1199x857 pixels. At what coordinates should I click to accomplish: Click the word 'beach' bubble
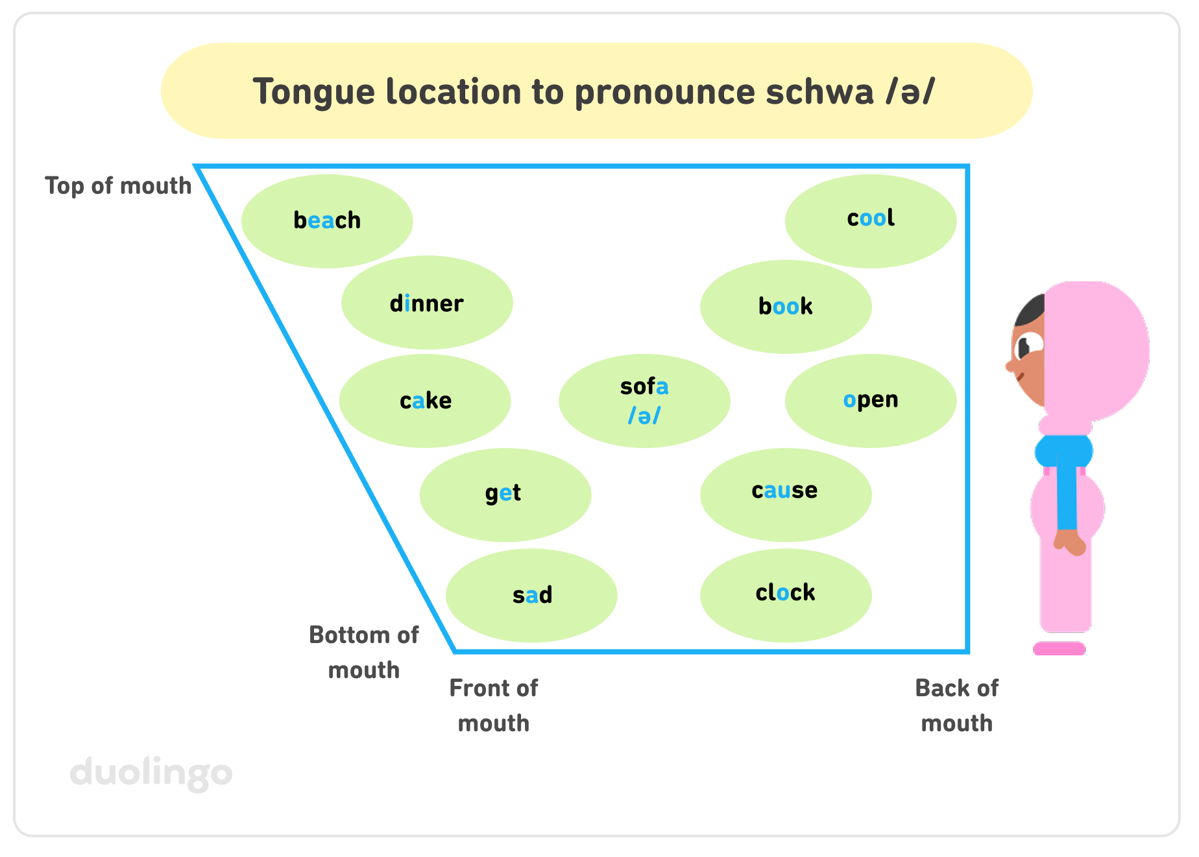(x=327, y=220)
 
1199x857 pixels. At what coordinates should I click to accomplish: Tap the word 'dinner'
(x=427, y=303)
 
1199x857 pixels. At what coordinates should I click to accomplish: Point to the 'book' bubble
(x=785, y=306)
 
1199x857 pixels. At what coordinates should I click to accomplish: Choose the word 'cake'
(x=425, y=401)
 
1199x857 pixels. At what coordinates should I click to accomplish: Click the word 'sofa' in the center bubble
(x=644, y=386)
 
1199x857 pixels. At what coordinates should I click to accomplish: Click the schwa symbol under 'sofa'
(x=644, y=416)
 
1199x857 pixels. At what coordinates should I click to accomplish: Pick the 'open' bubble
(x=870, y=400)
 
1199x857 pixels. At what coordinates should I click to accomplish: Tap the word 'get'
(x=503, y=493)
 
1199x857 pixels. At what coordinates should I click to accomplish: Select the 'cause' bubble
(x=784, y=491)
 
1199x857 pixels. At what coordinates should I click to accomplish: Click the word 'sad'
(x=532, y=595)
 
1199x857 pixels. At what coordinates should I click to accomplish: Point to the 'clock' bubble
(x=785, y=593)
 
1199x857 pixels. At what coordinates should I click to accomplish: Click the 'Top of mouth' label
(x=118, y=186)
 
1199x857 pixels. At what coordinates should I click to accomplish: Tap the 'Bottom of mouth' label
(x=363, y=652)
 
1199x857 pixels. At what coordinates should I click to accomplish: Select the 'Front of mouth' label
(x=493, y=705)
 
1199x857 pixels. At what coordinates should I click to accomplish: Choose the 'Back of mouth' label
(x=956, y=705)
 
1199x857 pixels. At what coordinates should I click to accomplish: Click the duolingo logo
(x=151, y=772)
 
